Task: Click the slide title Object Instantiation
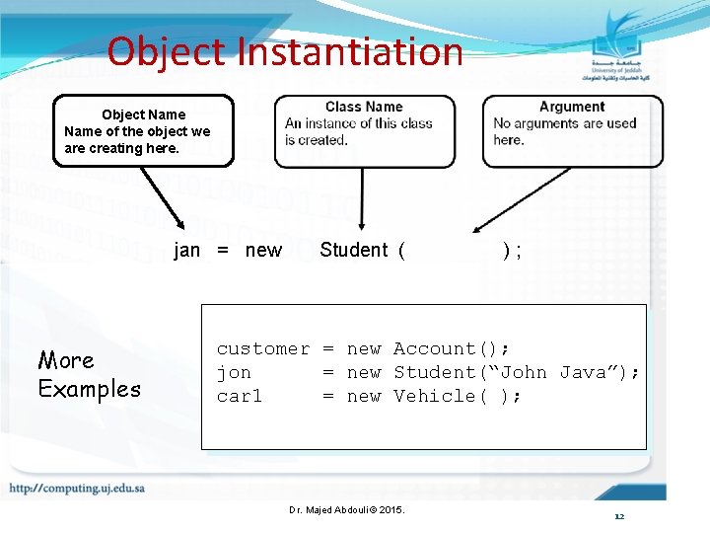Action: [285, 51]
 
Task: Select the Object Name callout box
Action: [143, 130]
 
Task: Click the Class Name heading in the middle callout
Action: [364, 107]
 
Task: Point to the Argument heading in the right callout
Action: [572, 107]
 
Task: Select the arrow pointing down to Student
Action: [363, 201]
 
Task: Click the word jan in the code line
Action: [187, 251]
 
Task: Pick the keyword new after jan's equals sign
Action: [263, 251]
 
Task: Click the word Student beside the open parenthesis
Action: [354, 251]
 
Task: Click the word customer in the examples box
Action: [262, 348]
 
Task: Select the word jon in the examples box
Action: [234, 372]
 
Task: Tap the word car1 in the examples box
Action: [240, 396]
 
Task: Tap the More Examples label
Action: [89, 374]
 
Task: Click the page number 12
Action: [618, 516]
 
